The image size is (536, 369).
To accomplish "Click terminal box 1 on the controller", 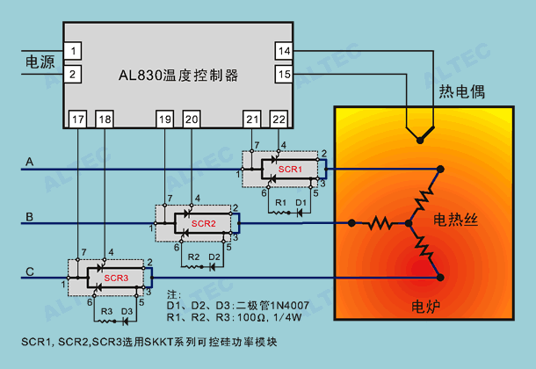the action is click(x=72, y=51).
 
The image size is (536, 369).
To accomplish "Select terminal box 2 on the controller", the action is click(x=72, y=74).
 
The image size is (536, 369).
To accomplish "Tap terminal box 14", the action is click(x=284, y=51).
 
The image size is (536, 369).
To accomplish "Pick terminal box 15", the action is click(x=284, y=74).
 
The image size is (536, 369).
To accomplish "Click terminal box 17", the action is click(x=77, y=119).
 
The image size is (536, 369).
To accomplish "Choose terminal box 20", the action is click(x=192, y=119).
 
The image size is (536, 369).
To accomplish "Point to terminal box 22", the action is click(x=279, y=119).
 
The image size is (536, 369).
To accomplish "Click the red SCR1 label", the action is click(x=290, y=169).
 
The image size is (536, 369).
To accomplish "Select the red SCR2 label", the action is click(x=203, y=223).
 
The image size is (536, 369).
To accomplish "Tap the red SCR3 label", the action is click(x=116, y=278).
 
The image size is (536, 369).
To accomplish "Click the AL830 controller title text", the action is click(x=178, y=76).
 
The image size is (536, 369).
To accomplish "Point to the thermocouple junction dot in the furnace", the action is click(x=420, y=140).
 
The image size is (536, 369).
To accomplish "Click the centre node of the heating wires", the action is click(x=409, y=223).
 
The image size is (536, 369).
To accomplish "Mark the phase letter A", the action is click(x=29, y=162).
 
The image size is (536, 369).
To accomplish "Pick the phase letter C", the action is click(x=30, y=271).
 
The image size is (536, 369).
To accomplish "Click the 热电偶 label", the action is click(x=462, y=91).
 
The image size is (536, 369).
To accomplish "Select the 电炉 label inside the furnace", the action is click(x=425, y=307).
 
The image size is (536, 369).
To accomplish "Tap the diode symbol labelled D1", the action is click(x=300, y=213).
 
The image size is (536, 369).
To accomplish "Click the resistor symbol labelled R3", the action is click(x=105, y=322).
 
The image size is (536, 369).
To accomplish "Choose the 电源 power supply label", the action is click(x=40, y=62).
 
